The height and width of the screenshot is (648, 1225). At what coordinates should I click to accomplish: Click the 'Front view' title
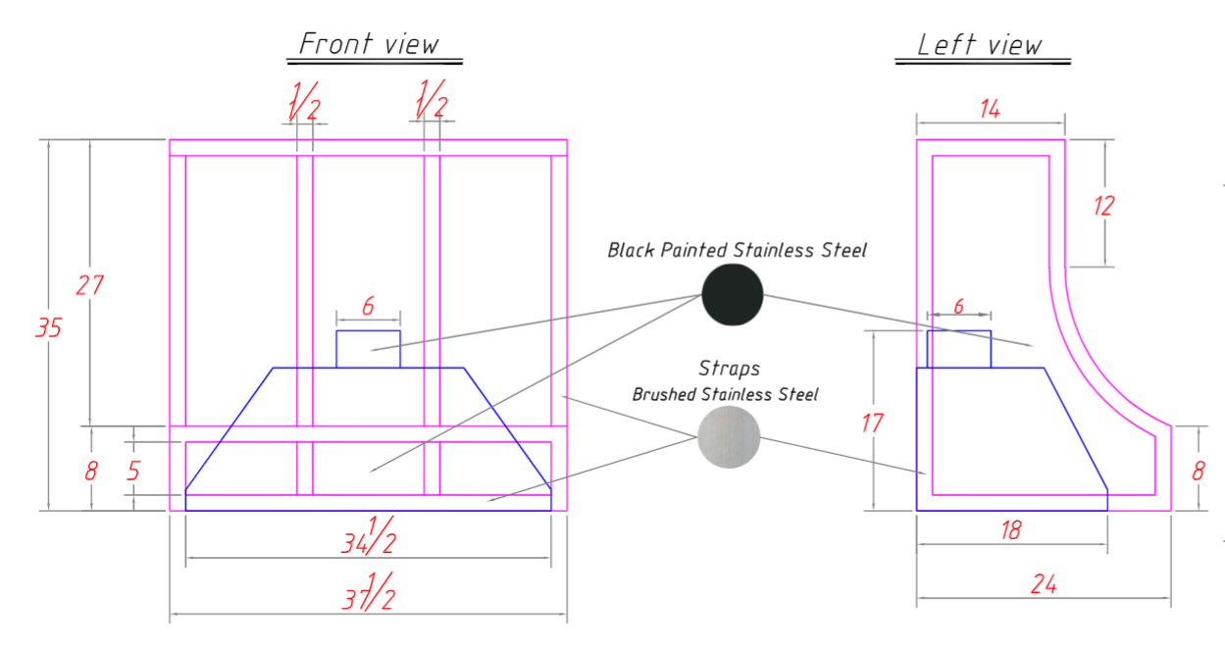pyautogui.click(x=369, y=44)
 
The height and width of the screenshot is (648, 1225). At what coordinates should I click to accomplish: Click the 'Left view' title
pyautogui.click(x=980, y=44)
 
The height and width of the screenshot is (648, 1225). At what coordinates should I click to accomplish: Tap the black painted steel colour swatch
pyautogui.click(x=733, y=295)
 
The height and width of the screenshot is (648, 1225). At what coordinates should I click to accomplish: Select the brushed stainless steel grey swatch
pyautogui.click(x=729, y=437)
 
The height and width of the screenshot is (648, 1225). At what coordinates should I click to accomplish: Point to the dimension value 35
pyautogui.click(x=48, y=327)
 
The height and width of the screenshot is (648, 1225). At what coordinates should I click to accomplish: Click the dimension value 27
pyautogui.click(x=89, y=285)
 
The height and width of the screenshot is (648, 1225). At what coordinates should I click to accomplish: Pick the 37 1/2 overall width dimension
pyautogui.click(x=368, y=592)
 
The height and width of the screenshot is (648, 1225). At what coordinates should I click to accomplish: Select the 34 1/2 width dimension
pyautogui.click(x=368, y=536)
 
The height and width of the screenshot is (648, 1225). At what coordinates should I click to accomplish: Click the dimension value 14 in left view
pyautogui.click(x=990, y=109)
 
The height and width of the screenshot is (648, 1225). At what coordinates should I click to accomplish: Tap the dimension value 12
pyautogui.click(x=1103, y=206)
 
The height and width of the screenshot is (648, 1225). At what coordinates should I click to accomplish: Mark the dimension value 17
pyautogui.click(x=872, y=423)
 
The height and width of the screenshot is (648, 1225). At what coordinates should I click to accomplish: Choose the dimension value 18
pyautogui.click(x=1010, y=530)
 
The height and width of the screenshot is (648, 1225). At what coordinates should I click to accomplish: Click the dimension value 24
pyautogui.click(x=1044, y=584)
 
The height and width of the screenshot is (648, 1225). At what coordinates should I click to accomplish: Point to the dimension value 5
pyautogui.click(x=133, y=471)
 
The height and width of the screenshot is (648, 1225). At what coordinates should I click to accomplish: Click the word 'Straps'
pyautogui.click(x=729, y=369)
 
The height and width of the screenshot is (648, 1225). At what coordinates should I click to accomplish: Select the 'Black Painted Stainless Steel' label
pyautogui.click(x=738, y=250)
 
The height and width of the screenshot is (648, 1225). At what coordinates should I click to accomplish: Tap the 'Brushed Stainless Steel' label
pyautogui.click(x=725, y=394)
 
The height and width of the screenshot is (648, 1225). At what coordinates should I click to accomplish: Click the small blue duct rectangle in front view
pyautogui.click(x=368, y=349)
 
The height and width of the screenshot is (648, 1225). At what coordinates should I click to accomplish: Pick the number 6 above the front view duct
pyautogui.click(x=368, y=306)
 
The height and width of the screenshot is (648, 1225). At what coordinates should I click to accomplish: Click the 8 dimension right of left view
pyautogui.click(x=1198, y=471)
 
